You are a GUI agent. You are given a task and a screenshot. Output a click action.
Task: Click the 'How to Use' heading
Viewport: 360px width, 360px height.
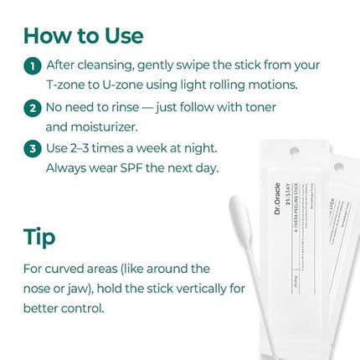[x=83, y=36]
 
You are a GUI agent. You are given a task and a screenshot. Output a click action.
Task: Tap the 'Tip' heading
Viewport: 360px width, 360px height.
[x=39, y=237]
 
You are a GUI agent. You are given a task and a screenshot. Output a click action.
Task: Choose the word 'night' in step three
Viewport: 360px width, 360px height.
[x=198, y=147]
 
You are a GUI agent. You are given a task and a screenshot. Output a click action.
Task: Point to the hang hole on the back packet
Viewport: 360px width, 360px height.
[x=338, y=166]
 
